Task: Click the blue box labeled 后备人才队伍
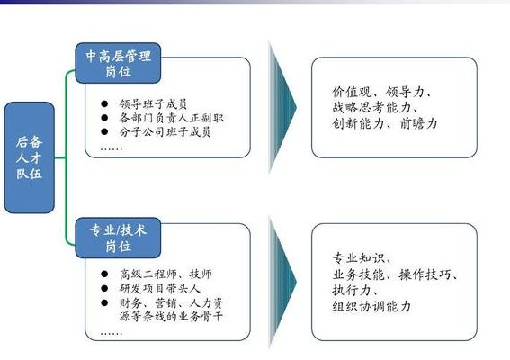(x=30, y=157)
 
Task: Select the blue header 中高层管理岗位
(x=118, y=63)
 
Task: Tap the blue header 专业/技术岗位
(x=118, y=238)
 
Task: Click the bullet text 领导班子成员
(x=153, y=104)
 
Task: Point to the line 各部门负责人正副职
(x=172, y=118)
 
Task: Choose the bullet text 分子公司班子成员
(x=165, y=132)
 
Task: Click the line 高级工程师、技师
(x=166, y=274)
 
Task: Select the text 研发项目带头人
(x=159, y=288)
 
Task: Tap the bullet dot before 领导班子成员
(x=104, y=103)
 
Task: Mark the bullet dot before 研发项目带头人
(x=104, y=288)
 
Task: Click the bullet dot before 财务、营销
(x=104, y=302)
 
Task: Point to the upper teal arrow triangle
(x=282, y=107)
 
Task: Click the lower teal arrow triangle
(x=282, y=283)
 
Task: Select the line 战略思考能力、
(x=375, y=107)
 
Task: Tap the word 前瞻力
(x=418, y=123)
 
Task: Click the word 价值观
(x=352, y=92)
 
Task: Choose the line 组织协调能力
(x=371, y=306)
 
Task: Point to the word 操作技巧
(x=425, y=274)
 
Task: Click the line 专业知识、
(x=362, y=258)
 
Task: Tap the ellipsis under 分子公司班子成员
(x=112, y=149)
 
